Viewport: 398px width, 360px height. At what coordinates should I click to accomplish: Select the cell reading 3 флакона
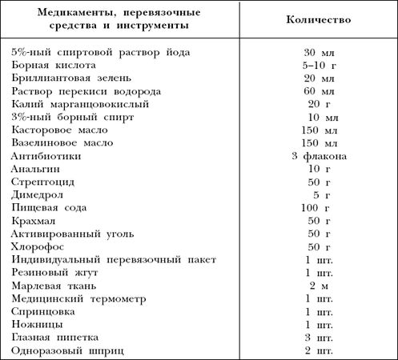[x=320, y=155]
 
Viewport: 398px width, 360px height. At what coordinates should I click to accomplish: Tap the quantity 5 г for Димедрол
[x=320, y=194]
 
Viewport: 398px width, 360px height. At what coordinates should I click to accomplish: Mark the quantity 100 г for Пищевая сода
[x=320, y=207]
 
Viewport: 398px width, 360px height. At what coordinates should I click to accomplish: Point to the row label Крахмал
[x=35, y=221]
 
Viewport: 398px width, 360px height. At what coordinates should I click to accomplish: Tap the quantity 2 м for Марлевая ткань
[x=320, y=286]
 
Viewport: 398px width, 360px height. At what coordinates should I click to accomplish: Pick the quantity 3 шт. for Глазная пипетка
[x=320, y=338]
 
